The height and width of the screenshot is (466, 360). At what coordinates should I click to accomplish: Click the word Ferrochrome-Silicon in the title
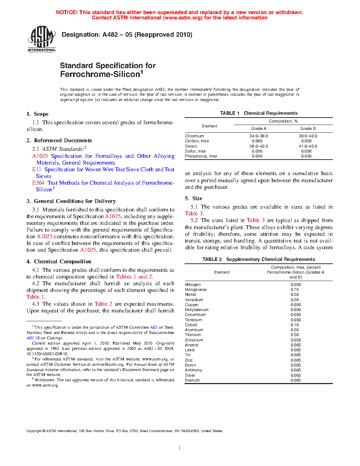point(100,74)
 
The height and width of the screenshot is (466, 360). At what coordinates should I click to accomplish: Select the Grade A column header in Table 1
point(259,129)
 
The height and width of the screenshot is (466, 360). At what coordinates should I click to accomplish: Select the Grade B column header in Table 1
point(308,129)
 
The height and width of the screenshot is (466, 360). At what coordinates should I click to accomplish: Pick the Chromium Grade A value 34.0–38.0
point(259,136)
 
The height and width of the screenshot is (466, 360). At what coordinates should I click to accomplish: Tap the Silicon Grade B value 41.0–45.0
point(308,146)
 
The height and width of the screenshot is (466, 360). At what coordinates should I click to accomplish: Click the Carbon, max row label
point(197,141)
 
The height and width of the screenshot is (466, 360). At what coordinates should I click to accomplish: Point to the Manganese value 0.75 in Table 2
point(295,289)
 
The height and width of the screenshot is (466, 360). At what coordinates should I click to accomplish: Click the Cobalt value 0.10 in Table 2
point(295,325)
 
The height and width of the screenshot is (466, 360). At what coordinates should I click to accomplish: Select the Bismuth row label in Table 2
point(192,380)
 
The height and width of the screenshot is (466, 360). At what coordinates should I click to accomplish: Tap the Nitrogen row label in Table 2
point(193,285)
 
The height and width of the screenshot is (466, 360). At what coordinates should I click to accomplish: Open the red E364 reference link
point(38,183)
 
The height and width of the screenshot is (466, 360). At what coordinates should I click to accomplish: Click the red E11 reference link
point(37,169)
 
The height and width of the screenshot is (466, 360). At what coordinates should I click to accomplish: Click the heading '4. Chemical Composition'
point(59,262)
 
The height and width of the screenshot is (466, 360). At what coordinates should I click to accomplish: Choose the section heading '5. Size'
point(194,198)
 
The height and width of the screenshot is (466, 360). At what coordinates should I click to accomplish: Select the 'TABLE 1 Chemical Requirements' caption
point(259,113)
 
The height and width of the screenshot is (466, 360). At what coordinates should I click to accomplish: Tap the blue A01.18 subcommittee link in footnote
point(33,338)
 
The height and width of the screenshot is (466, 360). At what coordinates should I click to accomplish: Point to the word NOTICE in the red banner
point(67,12)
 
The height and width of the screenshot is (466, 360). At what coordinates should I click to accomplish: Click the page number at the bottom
point(180,448)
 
